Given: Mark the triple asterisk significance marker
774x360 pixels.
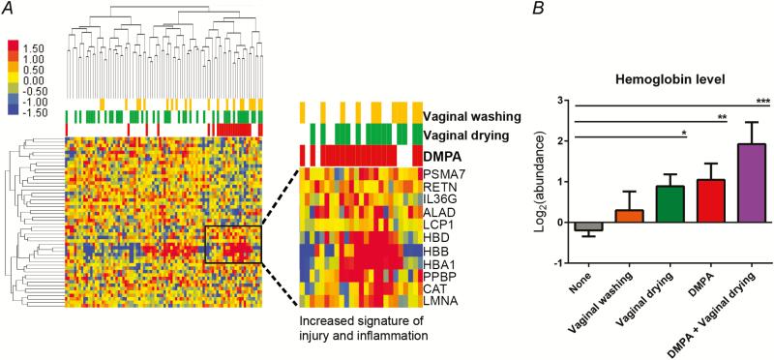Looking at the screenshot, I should point(761,100).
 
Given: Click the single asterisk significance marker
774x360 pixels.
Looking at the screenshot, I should point(684,133).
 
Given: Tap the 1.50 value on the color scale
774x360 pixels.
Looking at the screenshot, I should point(33,46).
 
